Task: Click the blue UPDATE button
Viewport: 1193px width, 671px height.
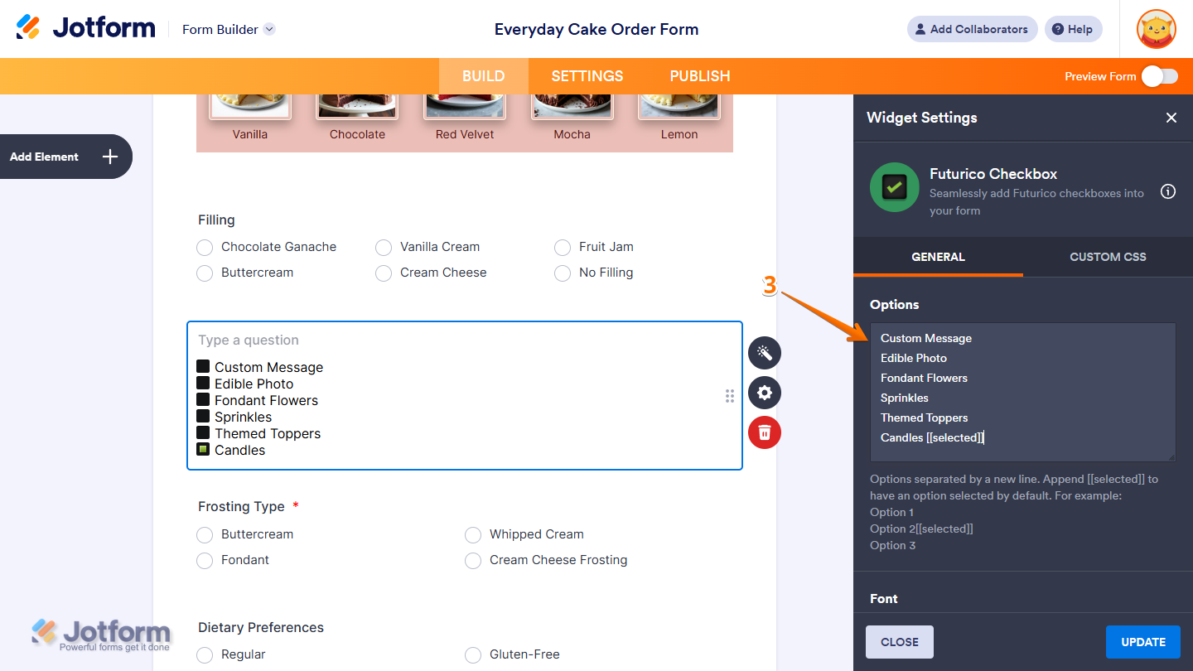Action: tap(1142, 642)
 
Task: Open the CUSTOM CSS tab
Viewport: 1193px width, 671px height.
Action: tap(1108, 257)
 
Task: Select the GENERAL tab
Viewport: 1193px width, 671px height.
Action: tap(938, 257)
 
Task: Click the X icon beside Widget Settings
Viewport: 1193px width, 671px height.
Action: tap(1171, 118)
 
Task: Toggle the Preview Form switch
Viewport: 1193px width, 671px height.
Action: tap(1159, 76)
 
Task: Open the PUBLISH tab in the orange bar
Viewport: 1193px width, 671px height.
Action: tap(699, 76)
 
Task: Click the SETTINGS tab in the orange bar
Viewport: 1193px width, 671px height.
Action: tap(587, 76)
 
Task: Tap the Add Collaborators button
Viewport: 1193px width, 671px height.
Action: tap(972, 29)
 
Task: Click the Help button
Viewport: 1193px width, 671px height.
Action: tap(1073, 29)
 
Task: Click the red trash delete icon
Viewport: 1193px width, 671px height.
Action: tap(764, 432)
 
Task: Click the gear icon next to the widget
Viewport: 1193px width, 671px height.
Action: tap(764, 393)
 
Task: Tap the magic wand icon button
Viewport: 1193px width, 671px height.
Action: tap(764, 353)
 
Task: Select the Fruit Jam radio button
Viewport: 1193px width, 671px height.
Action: tap(563, 247)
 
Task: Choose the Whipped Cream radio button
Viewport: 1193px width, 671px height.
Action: tap(473, 534)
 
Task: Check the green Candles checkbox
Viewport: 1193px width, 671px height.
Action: tap(203, 449)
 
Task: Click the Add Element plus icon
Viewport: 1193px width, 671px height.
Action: tap(110, 157)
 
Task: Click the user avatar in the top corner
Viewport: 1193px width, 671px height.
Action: tap(1157, 29)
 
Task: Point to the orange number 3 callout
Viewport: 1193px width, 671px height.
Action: tap(770, 286)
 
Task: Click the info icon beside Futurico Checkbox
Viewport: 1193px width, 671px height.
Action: tap(1168, 192)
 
